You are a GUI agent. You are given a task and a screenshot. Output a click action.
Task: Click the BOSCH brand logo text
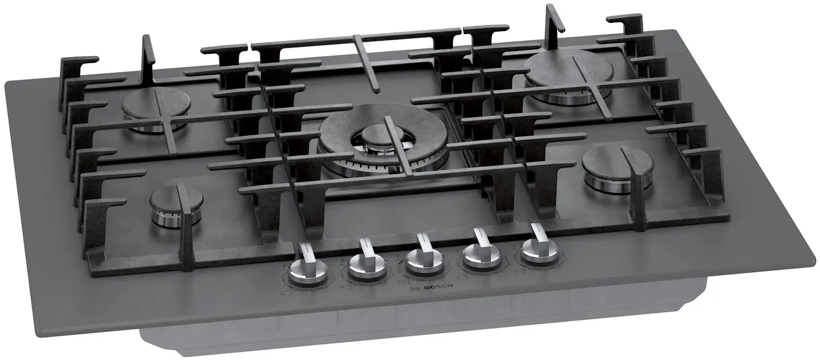point(438,286)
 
